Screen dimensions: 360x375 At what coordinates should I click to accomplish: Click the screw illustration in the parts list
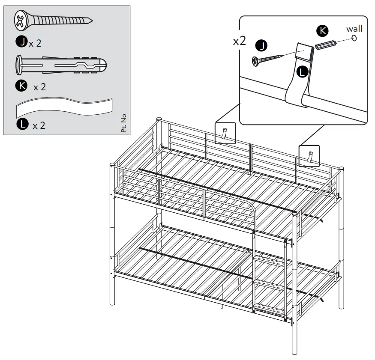[x=53, y=21]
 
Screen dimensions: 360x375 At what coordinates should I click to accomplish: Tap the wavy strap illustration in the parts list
[x=64, y=108]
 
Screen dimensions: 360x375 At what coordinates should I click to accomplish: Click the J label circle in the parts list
[x=21, y=42]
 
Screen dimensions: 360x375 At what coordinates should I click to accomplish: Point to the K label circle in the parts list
[x=21, y=86]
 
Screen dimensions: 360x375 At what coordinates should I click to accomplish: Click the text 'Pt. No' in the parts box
[x=124, y=123]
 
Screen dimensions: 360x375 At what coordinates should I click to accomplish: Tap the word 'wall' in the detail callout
[x=354, y=29]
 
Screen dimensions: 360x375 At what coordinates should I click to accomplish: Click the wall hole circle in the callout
[x=354, y=38]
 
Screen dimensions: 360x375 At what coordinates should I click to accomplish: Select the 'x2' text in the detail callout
[x=239, y=41]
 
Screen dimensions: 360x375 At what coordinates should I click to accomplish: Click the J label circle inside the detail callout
[x=261, y=45]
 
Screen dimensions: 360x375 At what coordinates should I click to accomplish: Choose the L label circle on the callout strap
[x=303, y=72]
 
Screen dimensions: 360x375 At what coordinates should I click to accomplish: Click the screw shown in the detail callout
[x=268, y=59]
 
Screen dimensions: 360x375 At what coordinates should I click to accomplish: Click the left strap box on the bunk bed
[x=225, y=133]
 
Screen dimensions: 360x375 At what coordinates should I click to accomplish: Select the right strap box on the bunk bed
[x=309, y=155]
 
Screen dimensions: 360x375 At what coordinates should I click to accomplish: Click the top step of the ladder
[x=270, y=260]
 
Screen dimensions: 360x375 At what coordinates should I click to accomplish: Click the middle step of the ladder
[x=270, y=283]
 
